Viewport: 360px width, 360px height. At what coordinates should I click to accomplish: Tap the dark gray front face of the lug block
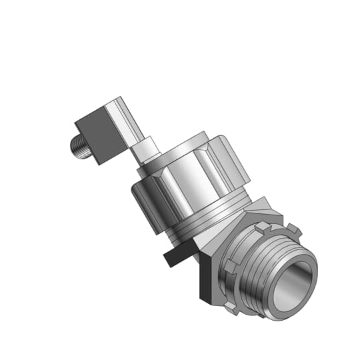point(97,136)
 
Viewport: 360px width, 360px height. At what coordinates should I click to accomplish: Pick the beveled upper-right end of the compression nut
point(234,163)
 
